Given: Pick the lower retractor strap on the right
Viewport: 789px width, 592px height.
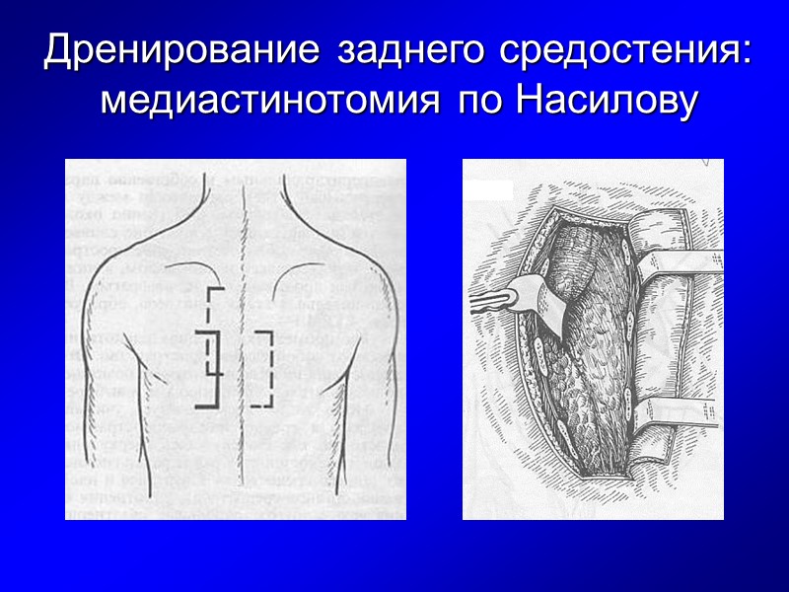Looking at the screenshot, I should [681, 410].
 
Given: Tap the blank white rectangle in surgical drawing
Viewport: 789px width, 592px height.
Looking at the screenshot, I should [492, 190].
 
